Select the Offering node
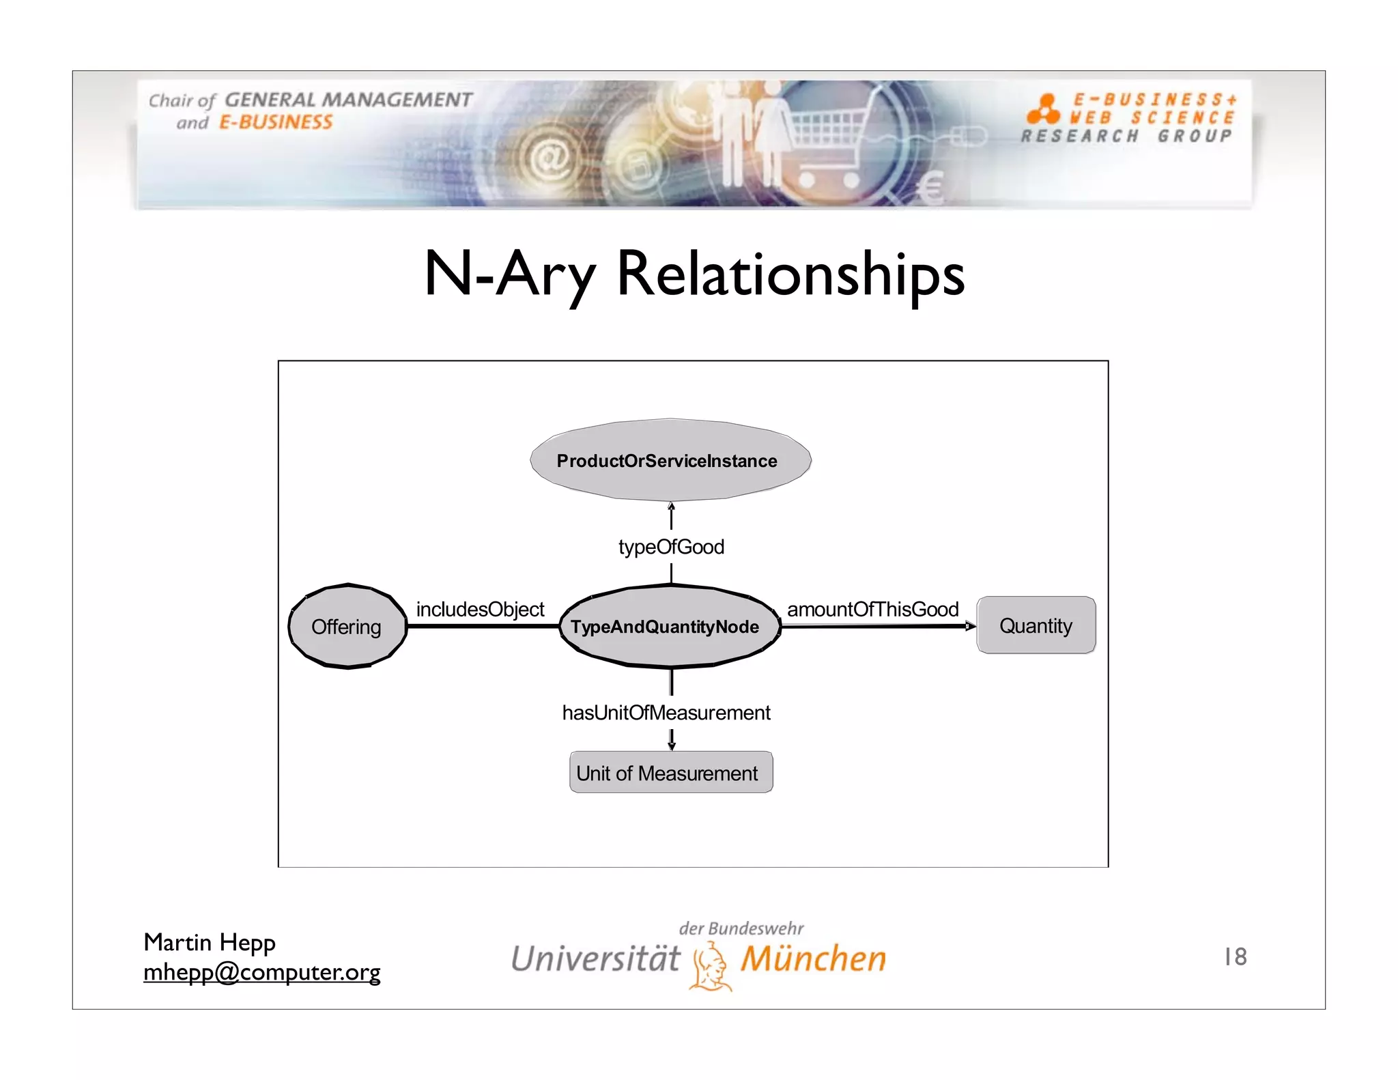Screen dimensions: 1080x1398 (x=347, y=627)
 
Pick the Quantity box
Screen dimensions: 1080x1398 (x=1036, y=625)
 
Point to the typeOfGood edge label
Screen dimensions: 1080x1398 (x=671, y=547)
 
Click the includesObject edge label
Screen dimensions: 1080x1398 (x=480, y=609)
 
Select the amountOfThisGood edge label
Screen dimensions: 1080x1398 (x=872, y=609)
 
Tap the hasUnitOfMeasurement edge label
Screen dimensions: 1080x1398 (x=666, y=713)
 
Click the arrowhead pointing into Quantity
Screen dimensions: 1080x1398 (x=970, y=626)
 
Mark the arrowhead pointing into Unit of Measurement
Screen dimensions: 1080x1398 (x=672, y=745)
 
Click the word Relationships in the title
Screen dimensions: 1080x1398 (x=790, y=274)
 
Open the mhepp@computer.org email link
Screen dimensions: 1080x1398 (x=261, y=971)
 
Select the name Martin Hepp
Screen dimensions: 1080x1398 (x=210, y=942)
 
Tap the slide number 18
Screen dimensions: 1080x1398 (x=1236, y=956)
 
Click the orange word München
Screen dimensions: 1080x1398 (x=814, y=958)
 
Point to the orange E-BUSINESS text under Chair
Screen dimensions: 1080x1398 (x=276, y=123)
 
